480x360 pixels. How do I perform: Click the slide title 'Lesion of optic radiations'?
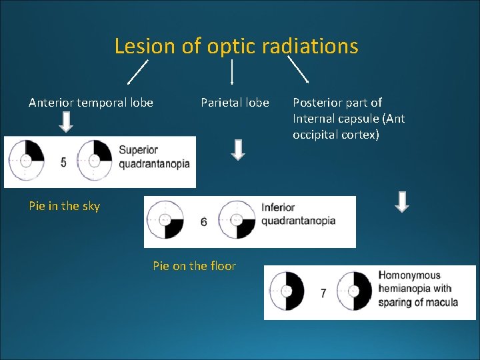click(236, 46)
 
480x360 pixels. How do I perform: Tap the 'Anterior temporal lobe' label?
click(91, 103)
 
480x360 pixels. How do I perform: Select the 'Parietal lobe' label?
click(235, 103)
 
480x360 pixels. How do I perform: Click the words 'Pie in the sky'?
click(64, 206)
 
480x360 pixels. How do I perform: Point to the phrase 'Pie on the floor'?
click(194, 266)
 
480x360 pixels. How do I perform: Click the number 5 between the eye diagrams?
click(63, 162)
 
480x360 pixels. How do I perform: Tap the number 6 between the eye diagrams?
click(203, 222)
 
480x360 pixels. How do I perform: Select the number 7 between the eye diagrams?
click(323, 293)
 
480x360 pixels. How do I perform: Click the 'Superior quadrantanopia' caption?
click(154, 157)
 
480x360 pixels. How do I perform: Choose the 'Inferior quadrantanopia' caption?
click(298, 214)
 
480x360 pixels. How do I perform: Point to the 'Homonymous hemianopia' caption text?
click(418, 289)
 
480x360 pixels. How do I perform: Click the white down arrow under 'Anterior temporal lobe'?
click(66, 122)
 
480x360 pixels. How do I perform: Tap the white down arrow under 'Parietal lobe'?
click(238, 149)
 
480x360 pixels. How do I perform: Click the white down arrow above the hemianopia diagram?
click(401, 202)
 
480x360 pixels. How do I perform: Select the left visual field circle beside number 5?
click(27, 160)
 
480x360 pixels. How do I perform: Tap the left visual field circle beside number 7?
click(287, 292)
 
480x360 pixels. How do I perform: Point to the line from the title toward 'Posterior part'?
click(298, 69)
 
